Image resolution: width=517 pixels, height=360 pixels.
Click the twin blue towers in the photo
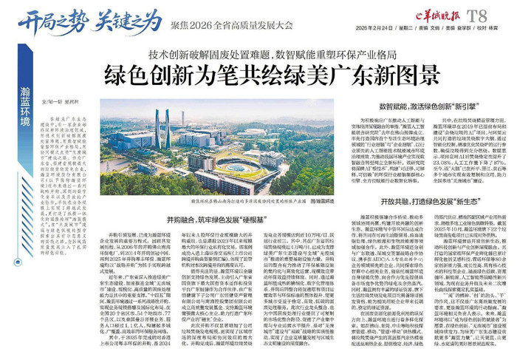[x=162, y=127]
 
